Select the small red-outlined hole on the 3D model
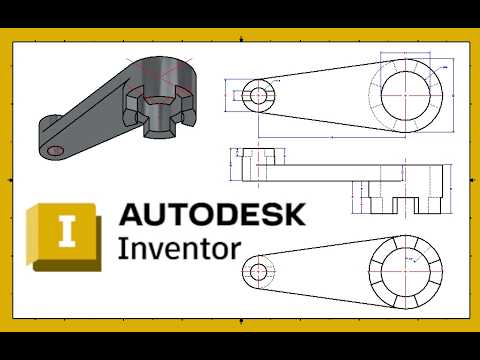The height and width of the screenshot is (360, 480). pyautogui.click(x=56, y=150)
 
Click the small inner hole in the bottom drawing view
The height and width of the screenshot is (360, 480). pyautogui.click(x=259, y=270)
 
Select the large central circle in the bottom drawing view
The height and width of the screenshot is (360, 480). pyautogui.click(x=406, y=270)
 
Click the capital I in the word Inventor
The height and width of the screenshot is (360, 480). pyautogui.click(x=123, y=246)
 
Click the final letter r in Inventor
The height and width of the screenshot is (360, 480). pyautogui.click(x=234, y=248)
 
